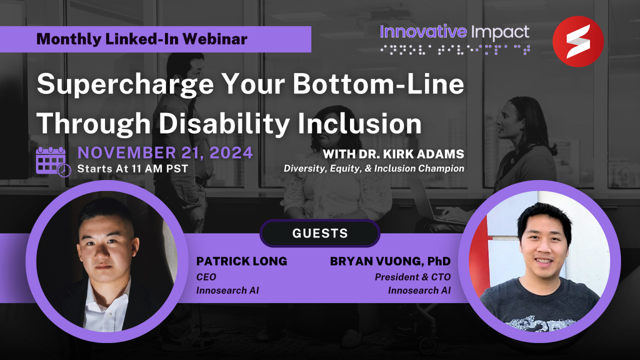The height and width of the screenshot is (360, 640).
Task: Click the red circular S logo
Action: tap(578, 41)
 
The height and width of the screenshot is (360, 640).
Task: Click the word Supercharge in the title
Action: tap(125, 84)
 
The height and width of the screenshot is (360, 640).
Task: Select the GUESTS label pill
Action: tap(320, 233)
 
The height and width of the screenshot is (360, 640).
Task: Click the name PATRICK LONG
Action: tap(242, 261)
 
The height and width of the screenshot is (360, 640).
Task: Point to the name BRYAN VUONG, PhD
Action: tap(390, 261)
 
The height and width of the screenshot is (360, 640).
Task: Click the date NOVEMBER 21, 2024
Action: tap(165, 153)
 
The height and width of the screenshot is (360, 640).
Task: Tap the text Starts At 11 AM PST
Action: tap(132, 169)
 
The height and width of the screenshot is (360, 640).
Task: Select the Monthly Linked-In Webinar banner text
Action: tap(142, 39)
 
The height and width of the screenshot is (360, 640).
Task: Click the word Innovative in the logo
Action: tap(423, 31)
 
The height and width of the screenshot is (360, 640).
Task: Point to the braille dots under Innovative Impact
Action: tap(455, 50)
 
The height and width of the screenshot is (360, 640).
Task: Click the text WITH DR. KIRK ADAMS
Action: tap(394, 154)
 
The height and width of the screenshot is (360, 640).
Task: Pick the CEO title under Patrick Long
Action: tap(206, 277)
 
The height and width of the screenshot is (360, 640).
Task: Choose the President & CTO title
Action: tap(412, 277)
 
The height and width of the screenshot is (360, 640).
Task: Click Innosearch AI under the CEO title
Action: tap(227, 290)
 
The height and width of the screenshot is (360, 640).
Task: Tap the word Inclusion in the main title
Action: tap(359, 123)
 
